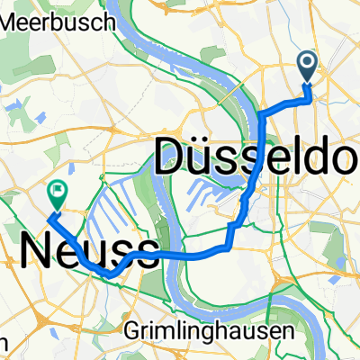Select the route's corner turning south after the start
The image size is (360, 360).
[262, 115]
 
